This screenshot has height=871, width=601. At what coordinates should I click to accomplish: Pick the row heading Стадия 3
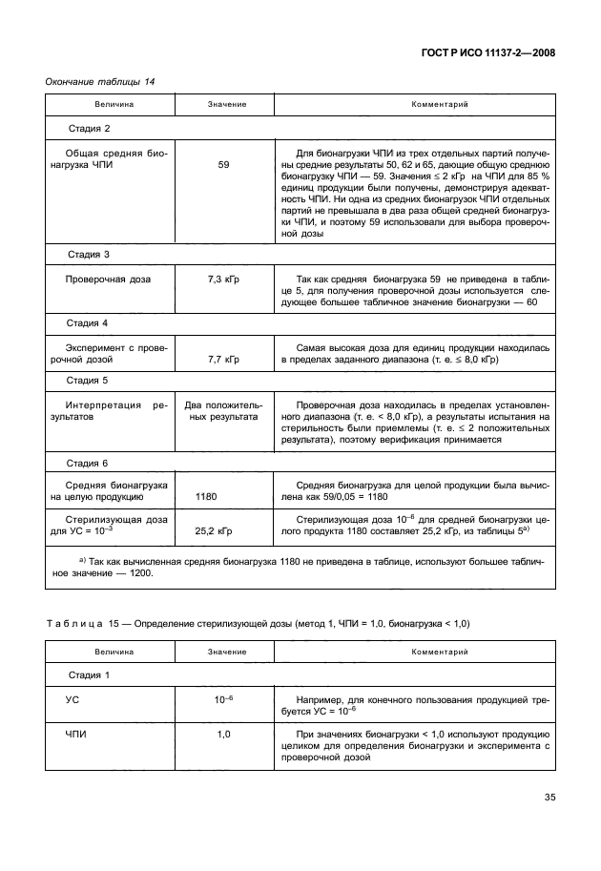pyautogui.click(x=90, y=255)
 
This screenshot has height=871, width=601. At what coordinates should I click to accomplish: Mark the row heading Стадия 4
pyautogui.click(x=90, y=324)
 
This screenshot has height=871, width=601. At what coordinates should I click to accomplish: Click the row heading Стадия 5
pyautogui.click(x=90, y=381)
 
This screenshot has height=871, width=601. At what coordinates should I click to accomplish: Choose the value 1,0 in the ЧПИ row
pyautogui.click(x=223, y=736)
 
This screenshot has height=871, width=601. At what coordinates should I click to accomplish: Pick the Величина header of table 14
pyautogui.click(x=114, y=103)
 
